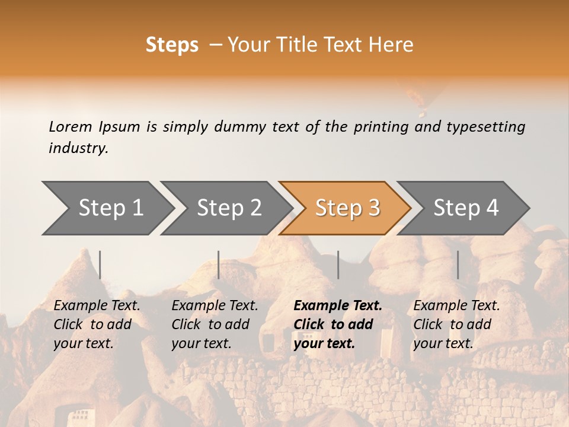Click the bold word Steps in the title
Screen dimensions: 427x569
click(x=172, y=45)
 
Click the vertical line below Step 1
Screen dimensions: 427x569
click(x=100, y=265)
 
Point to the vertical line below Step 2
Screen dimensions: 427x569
click(x=219, y=265)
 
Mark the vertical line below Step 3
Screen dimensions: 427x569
click(x=338, y=265)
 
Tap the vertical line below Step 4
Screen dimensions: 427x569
click(x=458, y=265)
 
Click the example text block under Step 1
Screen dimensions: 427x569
click(x=97, y=324)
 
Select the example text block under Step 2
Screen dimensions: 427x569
click(x=215, y=324)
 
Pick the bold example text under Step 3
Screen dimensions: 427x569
click(x=337, y=324)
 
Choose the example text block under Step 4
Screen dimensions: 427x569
click(x=456, y=324)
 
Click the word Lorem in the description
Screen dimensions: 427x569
click(x=71, y=126)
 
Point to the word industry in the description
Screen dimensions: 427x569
click(x=78, y=148)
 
